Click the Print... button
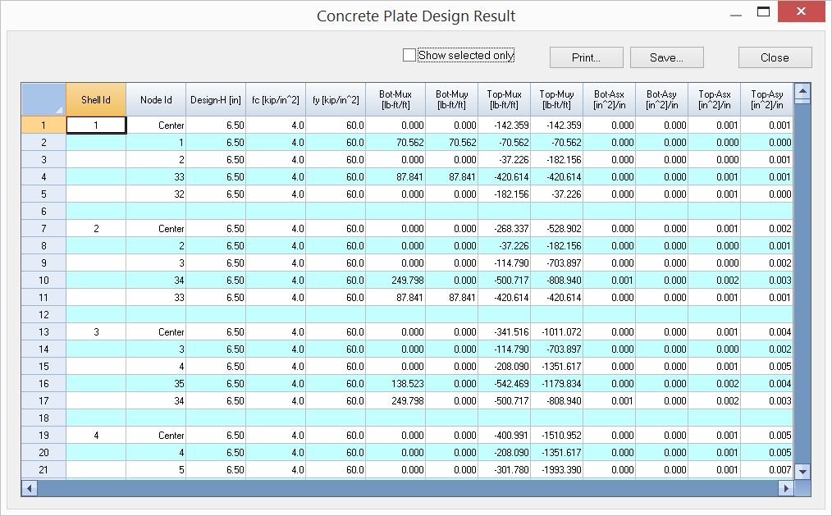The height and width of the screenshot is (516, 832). pos(586,57)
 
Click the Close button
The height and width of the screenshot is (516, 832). pos(775,57)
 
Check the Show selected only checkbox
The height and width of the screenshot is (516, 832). pos(409,55)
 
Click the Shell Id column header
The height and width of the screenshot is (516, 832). pos(96,100)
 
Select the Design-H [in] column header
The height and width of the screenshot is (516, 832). pos(216,100)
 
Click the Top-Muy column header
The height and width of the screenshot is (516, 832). pos(556,100)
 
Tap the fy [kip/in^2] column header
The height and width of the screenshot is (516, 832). pos(336,100)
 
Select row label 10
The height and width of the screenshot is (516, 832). pos(43,281)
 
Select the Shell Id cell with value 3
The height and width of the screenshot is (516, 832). pos(96,332)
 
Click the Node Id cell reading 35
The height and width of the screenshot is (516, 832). pos(156,384)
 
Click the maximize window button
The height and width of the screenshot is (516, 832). pos(763,12)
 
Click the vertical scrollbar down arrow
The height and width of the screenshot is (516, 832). pos(802,471)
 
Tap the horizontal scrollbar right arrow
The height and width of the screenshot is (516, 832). pos(786,488)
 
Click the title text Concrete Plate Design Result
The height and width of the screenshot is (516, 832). pos(416,16)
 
